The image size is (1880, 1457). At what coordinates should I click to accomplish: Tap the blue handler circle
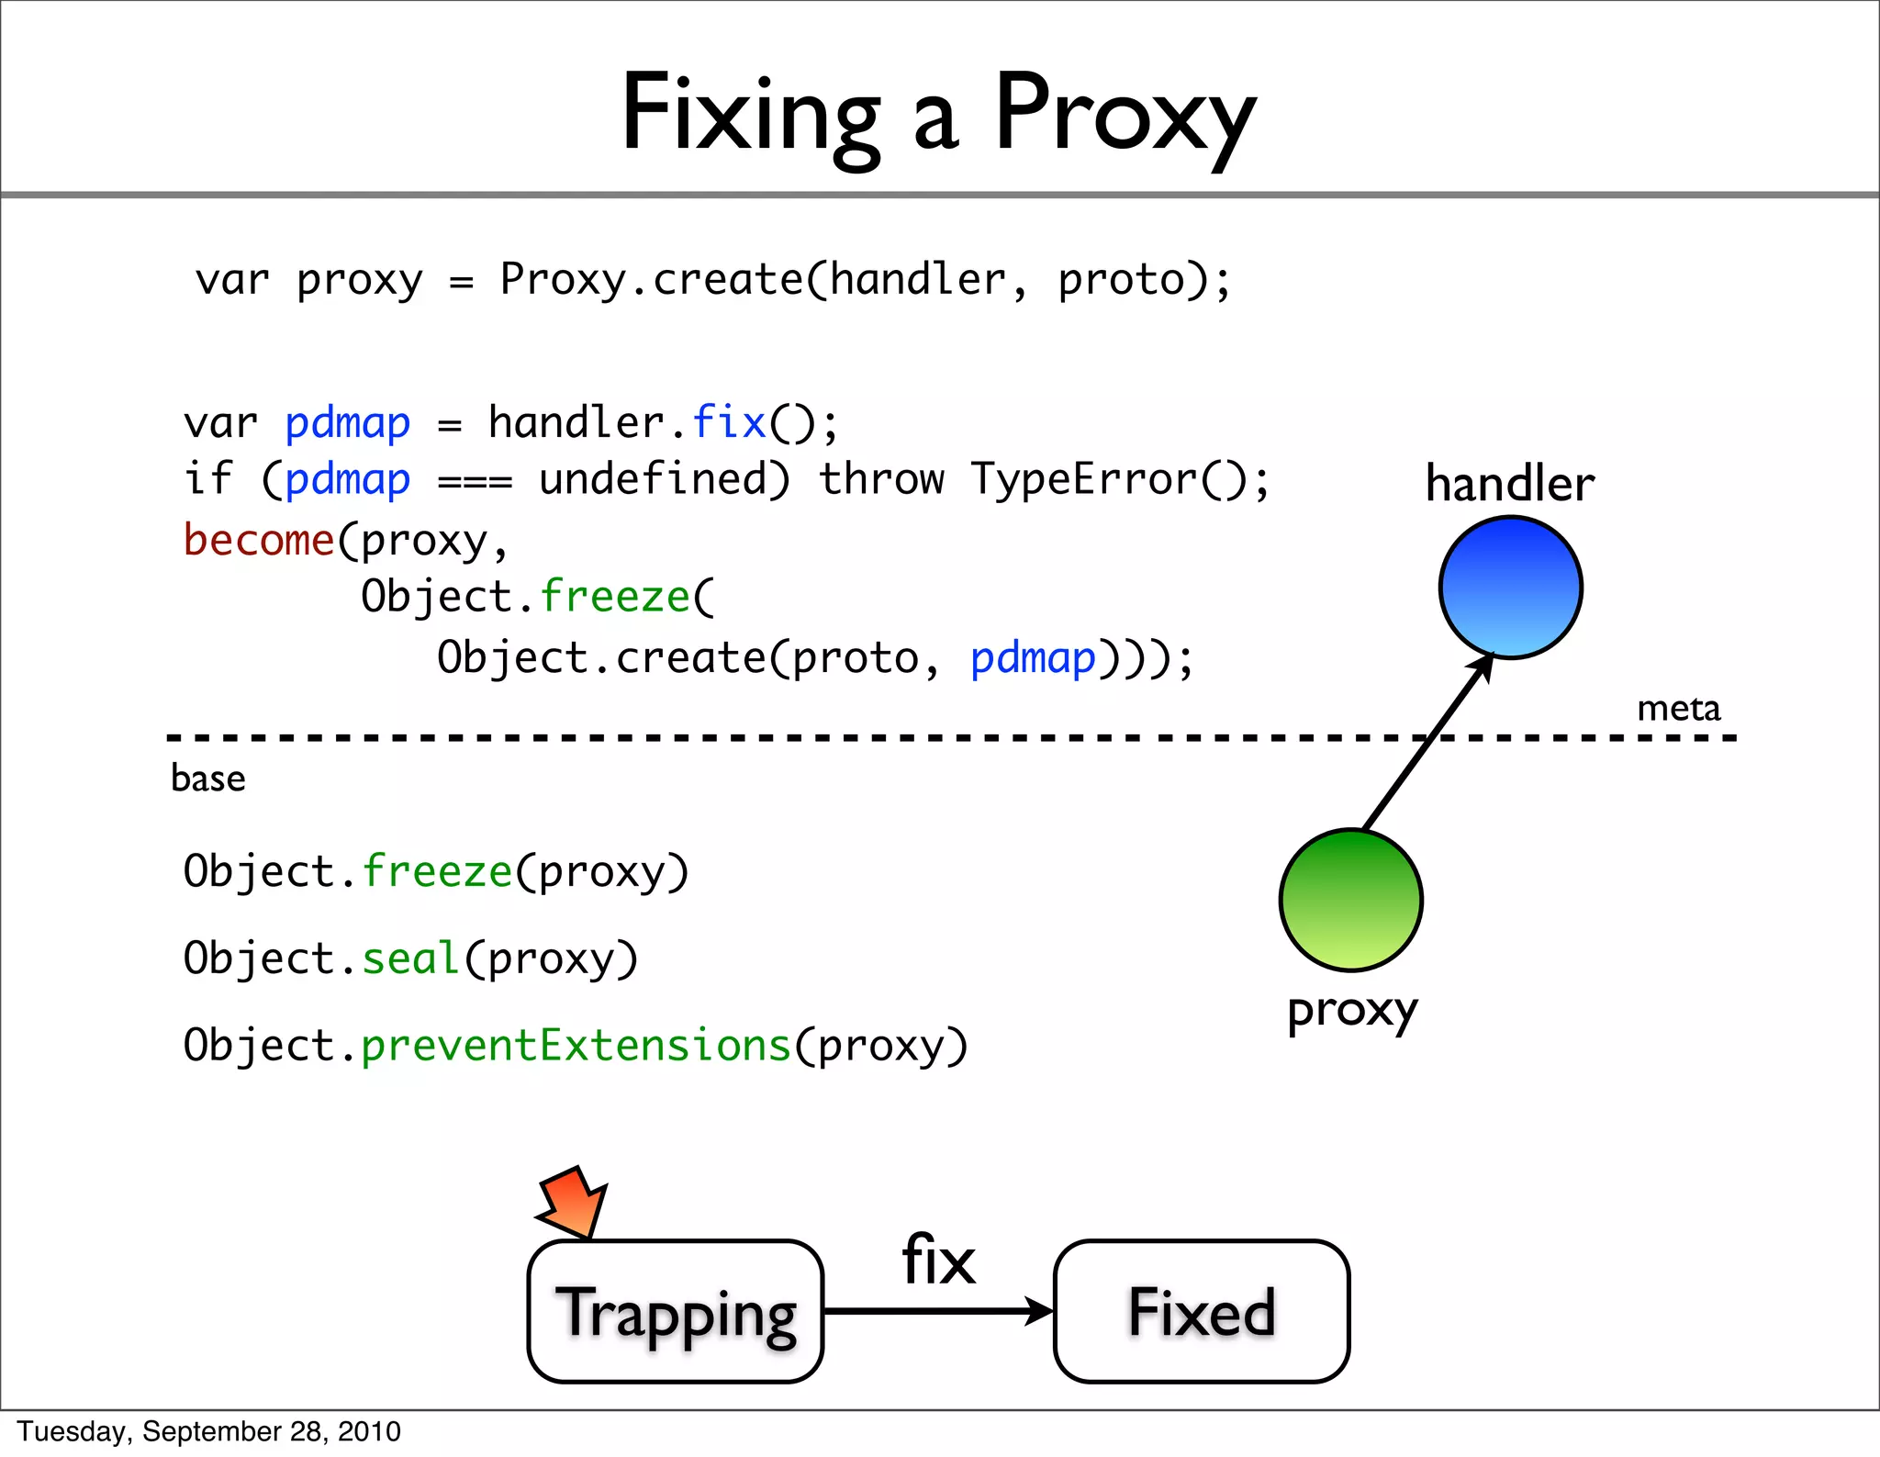coord(1510,588)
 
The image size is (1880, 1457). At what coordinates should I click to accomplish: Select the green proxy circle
coord(1350,900)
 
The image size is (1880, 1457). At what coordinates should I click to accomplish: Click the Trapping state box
coord(676,1311)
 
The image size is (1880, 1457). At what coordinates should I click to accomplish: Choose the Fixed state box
coord(1202,1311)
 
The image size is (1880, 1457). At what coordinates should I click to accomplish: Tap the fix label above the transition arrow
coord(938,1260)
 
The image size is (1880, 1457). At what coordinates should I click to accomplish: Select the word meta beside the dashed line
coord(1678,709)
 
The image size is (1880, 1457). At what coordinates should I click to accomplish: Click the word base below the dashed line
coord(208,779)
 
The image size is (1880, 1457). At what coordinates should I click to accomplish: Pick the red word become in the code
coord(259,540)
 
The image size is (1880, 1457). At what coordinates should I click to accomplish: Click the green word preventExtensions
coord(576,1046)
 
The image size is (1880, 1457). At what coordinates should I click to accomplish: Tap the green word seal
coord(410,958)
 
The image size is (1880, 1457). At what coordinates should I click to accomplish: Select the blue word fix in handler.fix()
coord(728,423)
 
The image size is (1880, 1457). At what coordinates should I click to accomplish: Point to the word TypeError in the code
coord(1085,479)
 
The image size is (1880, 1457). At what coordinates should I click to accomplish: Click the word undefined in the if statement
coord(663,479)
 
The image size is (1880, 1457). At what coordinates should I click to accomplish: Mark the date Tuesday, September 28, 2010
coord(209,1431)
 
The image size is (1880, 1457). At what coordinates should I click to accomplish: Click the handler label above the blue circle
coord(1510,484)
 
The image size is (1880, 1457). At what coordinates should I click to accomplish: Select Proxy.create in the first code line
coord(652,279)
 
